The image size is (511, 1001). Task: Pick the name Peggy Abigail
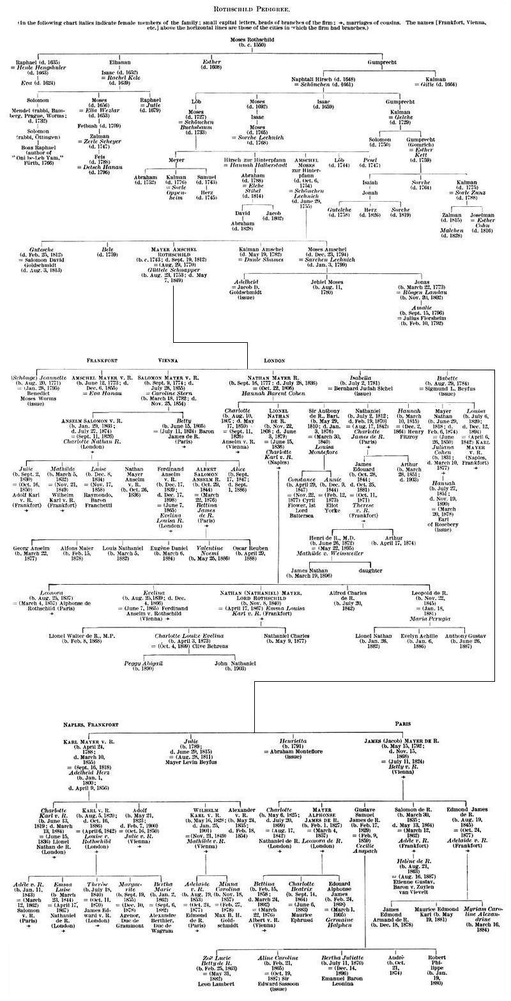tap(144, 664)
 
